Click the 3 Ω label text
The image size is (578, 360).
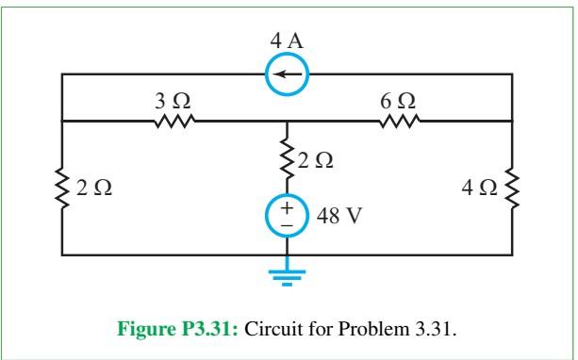click(176, 101)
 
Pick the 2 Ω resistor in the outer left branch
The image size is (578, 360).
click(63, 188)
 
